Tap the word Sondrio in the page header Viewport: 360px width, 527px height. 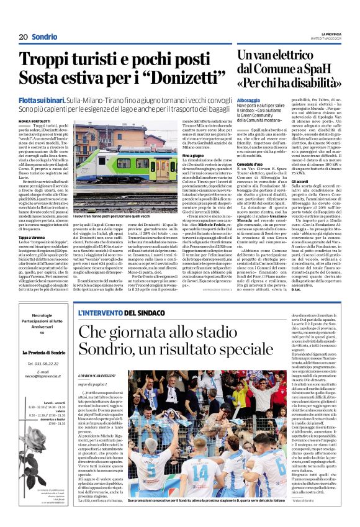tap(45, 37)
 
